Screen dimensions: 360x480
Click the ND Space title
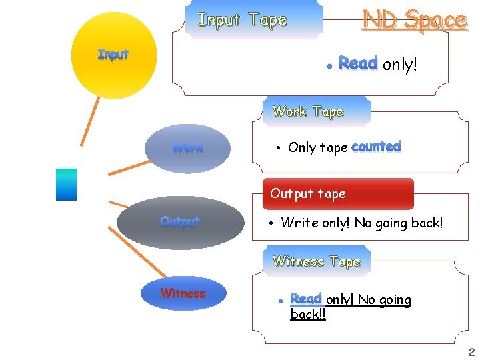[x=414, y=20]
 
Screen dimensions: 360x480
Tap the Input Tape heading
[x=243, y=20]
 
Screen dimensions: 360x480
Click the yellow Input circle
[x=113, y=55]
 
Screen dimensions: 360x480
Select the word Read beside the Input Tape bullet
[x=358, y=63]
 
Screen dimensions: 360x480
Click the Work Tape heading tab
[x=308, y=112]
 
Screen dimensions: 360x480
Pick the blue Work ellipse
[x=187, y=148]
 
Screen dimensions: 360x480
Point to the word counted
[x=376, y=147]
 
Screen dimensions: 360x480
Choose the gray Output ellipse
[x=180, y=221]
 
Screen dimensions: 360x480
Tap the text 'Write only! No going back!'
[x=361, y=223]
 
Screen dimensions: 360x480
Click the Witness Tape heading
[x=317, y=261]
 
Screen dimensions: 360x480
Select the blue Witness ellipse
[x=183, y=293]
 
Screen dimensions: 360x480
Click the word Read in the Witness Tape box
[x=306, y=299]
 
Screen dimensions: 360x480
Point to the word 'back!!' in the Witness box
[x=308, y=314]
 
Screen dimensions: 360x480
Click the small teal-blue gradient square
[x=66, y=184]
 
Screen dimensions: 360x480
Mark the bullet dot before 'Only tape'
[x=277, y=148]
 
